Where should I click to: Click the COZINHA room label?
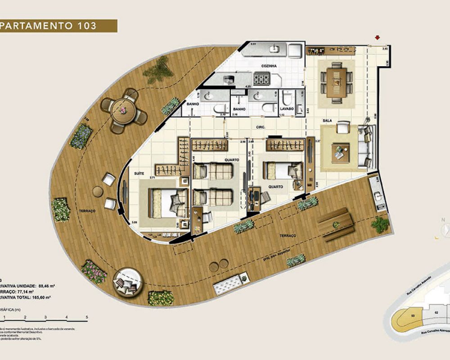269,66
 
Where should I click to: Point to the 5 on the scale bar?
86,318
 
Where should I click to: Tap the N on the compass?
444,220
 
